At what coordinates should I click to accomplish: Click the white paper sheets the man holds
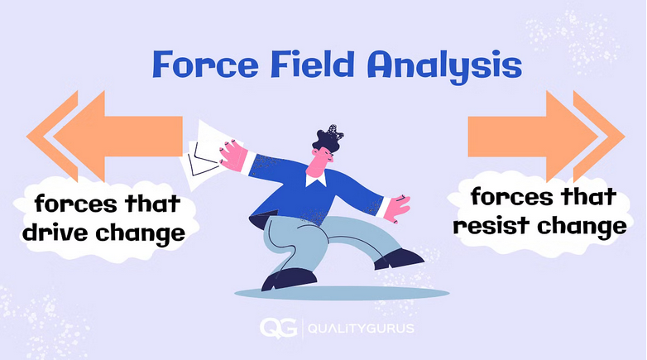(200, 149)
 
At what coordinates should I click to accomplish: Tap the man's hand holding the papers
(232, 152)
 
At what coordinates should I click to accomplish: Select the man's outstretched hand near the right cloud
(400, 207)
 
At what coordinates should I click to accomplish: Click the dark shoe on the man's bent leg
(278, 280)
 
